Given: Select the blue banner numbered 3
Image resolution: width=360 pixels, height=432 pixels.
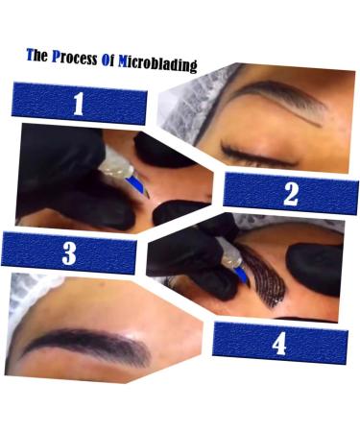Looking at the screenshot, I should (x=69, y=253).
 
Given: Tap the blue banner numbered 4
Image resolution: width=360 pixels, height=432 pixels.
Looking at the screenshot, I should (x=279, y=342).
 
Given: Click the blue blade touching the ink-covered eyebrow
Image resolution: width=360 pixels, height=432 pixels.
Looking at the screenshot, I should (x=244, y=276).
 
